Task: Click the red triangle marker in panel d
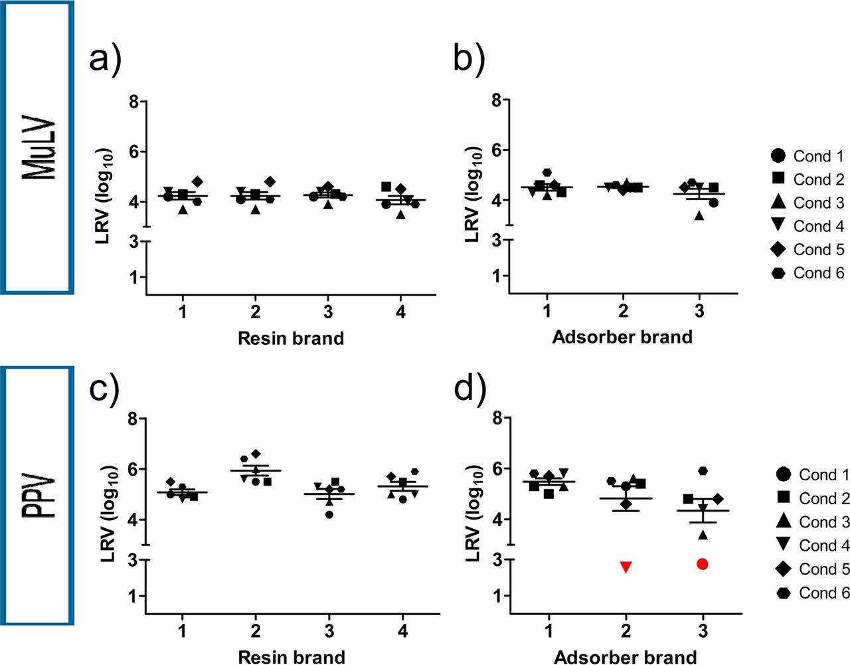click(626, 567)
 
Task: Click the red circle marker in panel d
click(703, 563)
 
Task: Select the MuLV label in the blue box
click(39, 147)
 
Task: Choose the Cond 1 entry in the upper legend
click(807, 156)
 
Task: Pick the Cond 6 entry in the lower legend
click(812, 593)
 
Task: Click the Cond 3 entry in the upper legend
click(807, 203)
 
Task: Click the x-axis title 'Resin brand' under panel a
click(291, 338)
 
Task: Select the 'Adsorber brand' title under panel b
click(622, 337)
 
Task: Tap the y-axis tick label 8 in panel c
click(134, 419)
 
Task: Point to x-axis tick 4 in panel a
click(400, 312)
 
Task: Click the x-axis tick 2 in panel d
click(626, 631)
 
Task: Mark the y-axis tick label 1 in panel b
click(497, 276)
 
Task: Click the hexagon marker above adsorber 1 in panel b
click(547, 173)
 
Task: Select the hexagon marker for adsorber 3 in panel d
click(703, 470)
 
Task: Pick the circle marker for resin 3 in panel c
click(329, 514)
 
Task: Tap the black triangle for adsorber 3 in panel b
click(699, 215)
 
